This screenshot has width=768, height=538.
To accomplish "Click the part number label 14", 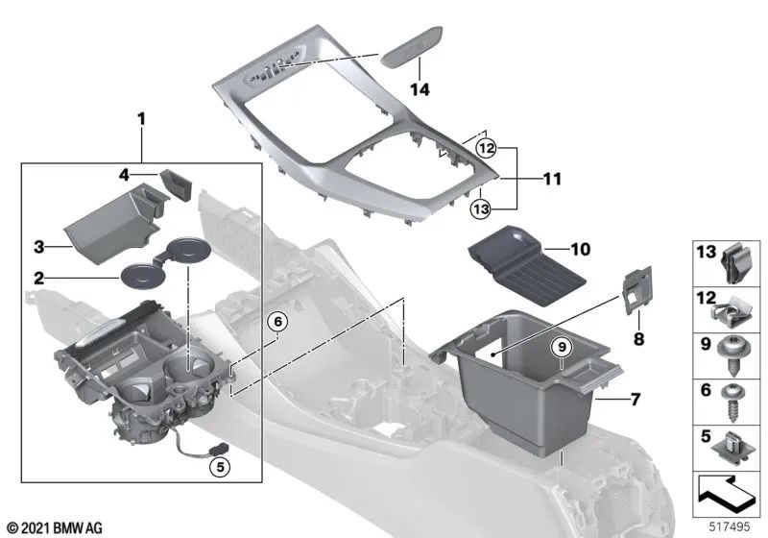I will click(x=420, y=89).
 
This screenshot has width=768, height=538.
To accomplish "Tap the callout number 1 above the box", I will click(x=141, y=120).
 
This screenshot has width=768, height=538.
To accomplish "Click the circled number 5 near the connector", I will click(x=220, y=469).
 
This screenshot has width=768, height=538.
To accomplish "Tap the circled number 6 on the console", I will click(x=276, y=323).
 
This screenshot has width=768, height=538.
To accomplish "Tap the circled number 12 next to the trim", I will click(x=487, y=148).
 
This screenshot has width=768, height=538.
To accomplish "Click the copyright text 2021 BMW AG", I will click(x=54, y=527).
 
